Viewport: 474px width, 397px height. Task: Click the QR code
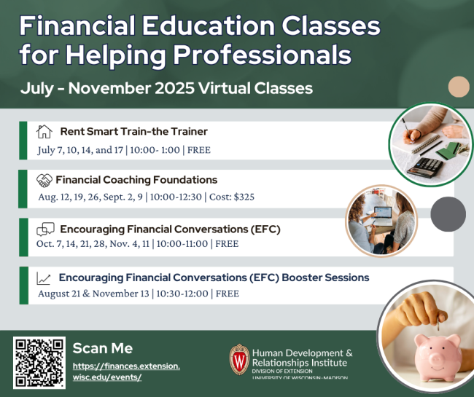pyautogui.click(x=39, y=363)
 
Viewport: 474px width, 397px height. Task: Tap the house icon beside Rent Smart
pyautogui.click(x=44, y=132)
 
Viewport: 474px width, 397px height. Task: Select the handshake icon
pyautogui.click(x=44, y=180)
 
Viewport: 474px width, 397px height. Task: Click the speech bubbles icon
pyautogui.click(x=45, y=229)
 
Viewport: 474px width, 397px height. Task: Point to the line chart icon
pyautogui.click(x=44, y=278)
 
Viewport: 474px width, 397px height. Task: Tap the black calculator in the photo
pyautogui.click(x=424, y=167)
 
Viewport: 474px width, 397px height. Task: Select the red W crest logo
pyautogui.click(x=239, y=359)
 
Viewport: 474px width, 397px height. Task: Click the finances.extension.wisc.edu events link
pyautogui.click(x=126, y=372)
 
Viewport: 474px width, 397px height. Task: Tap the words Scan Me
pyautogui.click(x=103, y=348)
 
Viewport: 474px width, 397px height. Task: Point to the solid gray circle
pyautogui.click(x=448, y=214)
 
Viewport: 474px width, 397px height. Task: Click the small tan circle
pyautogui.click(x=459, y=87)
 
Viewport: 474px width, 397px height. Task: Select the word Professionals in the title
pyautogui.click(x=262, y=55)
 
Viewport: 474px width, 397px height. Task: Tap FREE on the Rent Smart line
pyautogui.click(x=199, y=150)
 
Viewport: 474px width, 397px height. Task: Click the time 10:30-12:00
pyautogui.click(x=182, y=294)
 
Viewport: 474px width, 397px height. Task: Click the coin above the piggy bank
pyautogui.click(x=438, y=326)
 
